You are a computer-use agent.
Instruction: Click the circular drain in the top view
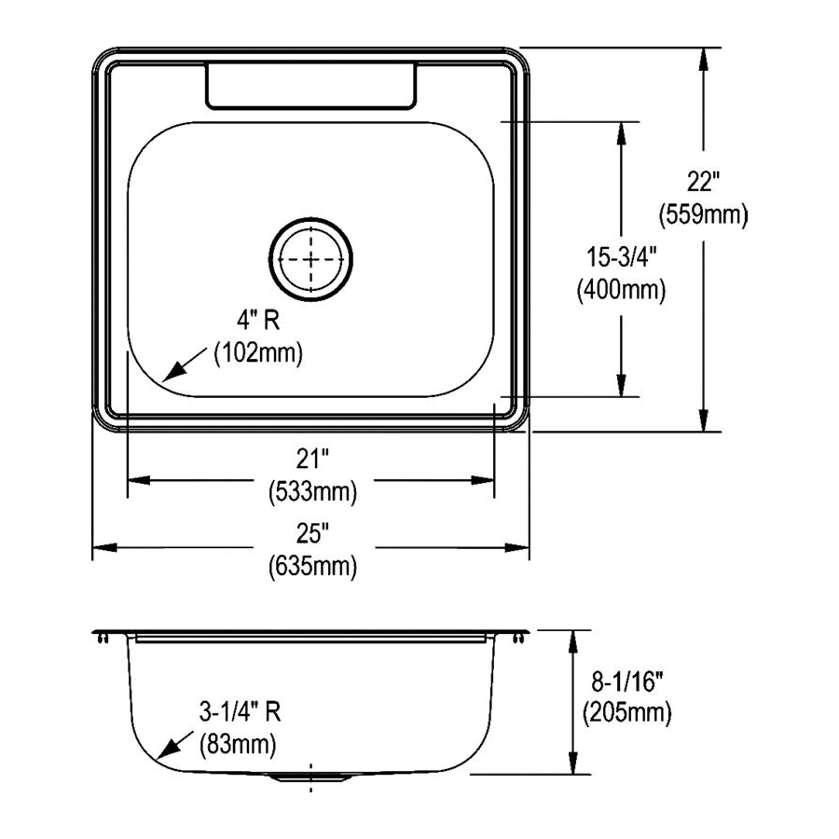point(311,258)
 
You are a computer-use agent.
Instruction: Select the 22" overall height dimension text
point(704,182)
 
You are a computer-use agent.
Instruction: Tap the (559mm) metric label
point(704,215)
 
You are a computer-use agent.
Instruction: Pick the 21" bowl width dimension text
point(311,458)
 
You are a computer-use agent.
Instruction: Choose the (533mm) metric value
point(311,490)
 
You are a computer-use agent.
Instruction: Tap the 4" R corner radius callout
point(257,322)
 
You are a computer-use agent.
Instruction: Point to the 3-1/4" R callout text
point(241,713)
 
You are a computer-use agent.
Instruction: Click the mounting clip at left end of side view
point(102,638)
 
